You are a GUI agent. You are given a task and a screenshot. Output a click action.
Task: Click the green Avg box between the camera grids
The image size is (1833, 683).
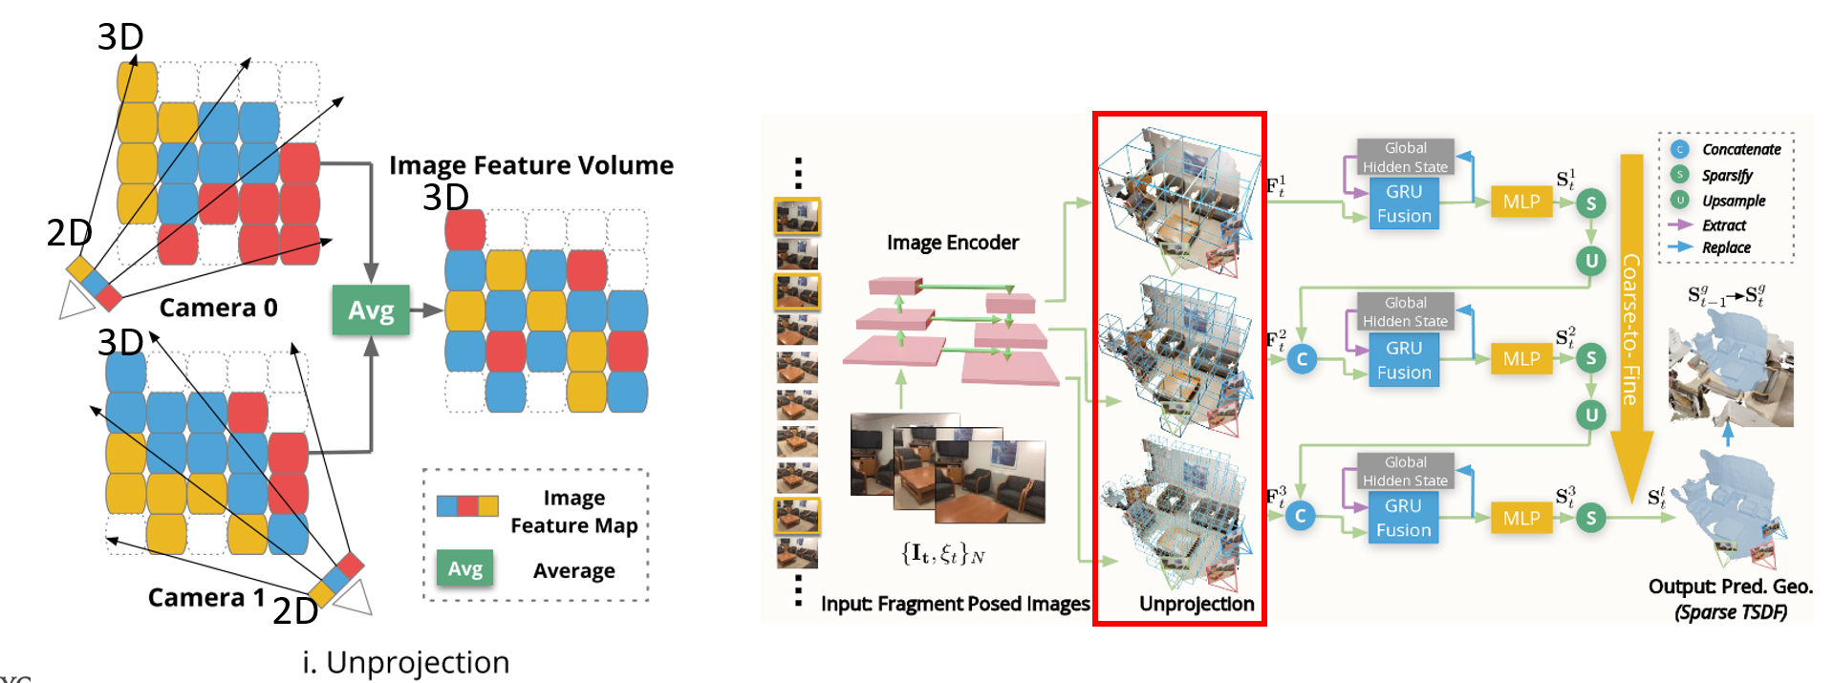pyautogui.click(x=371, y=309)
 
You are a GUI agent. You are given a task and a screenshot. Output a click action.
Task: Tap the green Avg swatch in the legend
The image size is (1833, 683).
pyautogui.click(x=465, y=569)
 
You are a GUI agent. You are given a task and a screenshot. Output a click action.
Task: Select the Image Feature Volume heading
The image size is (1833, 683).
pyautogui.click(x=531, y=165)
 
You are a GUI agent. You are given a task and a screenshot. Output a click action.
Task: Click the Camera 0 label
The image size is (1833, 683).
pyautogui.click(x=218, y=308)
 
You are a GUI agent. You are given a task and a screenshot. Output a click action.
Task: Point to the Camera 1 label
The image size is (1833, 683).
pyautogui.click(x=206, y=597)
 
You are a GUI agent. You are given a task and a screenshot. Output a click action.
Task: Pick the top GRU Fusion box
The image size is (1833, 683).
pyautogui.click(x=1404, y=204)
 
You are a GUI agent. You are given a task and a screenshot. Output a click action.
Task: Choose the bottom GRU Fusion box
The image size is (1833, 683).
pyautogui.click(x=1403, y=518)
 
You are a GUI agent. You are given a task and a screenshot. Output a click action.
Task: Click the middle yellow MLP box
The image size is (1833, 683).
pyautogui.click(x=1521, y=359)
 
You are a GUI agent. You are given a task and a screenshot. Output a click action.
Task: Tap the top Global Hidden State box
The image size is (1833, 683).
pyautogui.click(x=1406, y=157)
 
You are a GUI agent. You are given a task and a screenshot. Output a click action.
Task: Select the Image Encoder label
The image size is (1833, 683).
pyautogui.click(x=953, y=243)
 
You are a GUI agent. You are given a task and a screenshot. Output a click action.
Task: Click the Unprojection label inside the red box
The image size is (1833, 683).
pyautogui.click(x=1197, y=604)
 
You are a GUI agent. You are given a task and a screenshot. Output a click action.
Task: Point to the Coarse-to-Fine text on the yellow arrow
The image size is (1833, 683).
pyautogui.click(x=1631, y=329)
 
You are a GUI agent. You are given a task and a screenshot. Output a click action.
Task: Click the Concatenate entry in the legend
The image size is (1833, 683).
pyautogui.click(x=1741, y=149)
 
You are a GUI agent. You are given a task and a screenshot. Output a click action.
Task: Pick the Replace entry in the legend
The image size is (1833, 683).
pyautogui.click(x=1726, y=247)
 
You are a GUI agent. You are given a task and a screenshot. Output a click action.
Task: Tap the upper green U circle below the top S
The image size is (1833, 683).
pyautogui.click(x=1591, y=260)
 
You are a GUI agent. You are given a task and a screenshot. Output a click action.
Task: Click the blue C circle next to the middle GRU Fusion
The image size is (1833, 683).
pyautogui.click(x=1302, y=359)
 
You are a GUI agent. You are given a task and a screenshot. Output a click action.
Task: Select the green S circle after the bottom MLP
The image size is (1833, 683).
pyautogui.click(x=1591, y=518)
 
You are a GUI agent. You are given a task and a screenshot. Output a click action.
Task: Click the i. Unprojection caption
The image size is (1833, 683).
pyautogui.click(x=406, y=662)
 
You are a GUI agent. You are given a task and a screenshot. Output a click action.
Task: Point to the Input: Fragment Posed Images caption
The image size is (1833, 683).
pyautogui.click(x=955, y=604)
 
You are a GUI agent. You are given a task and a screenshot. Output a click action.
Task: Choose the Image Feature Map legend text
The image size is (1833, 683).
pyautogui.click(x=573, y=512)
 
